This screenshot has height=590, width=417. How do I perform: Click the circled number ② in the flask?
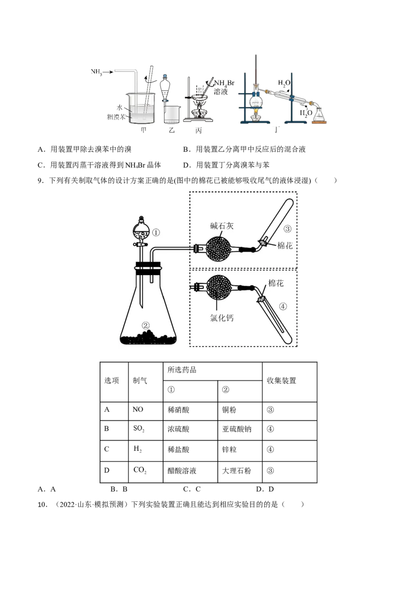point(146,325)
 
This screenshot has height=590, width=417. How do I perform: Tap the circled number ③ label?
point(287,229)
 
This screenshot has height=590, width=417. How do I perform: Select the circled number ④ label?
point(283,306)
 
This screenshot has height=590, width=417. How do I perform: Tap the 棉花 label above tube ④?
point(276,282)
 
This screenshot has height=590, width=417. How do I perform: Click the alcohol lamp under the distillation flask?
point(255,116)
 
